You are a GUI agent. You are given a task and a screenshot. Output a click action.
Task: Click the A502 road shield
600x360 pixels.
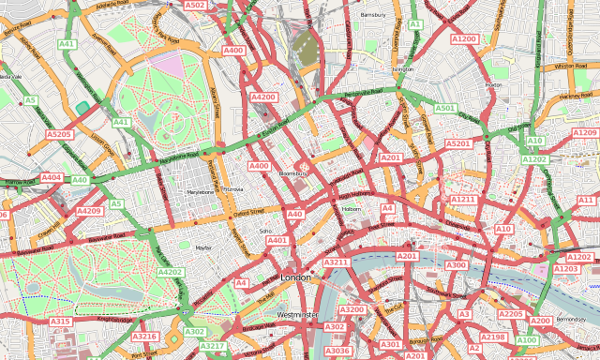(x=195, y=6)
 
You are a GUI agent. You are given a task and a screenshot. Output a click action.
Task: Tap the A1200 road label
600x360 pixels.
(x=464, y=39)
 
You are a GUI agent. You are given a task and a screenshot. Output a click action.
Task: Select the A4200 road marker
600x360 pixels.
(x=263, y=97)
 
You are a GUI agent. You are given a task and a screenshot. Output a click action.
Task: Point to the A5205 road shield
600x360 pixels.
(x=59, y=135)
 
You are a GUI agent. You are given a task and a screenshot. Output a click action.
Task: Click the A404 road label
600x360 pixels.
(x=52, y=177)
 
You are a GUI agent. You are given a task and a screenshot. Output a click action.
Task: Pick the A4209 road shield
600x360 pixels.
(x=90, y=212)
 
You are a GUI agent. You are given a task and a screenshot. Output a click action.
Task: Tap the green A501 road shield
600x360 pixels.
(x=445, y=109)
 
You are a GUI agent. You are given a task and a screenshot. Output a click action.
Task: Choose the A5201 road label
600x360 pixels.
(x=457, y=143)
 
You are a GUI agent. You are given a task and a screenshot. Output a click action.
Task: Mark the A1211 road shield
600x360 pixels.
(x=463, y=200)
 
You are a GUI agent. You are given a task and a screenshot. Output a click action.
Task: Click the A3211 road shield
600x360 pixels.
(x=336, y=263)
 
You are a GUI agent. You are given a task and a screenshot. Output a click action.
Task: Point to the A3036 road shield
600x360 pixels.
(x=337, y=351)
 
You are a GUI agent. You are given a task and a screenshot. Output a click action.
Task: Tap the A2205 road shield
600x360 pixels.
(x=510, y=314)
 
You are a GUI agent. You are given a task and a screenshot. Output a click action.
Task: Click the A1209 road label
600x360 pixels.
(x=584, y=133)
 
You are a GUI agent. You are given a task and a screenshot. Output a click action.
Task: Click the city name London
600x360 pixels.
(x=295, y=278)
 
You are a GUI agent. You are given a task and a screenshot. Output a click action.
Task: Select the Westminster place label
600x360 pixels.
(x=298, y=314)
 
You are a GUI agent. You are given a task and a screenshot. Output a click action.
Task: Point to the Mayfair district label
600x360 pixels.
(x=203, y=247)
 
